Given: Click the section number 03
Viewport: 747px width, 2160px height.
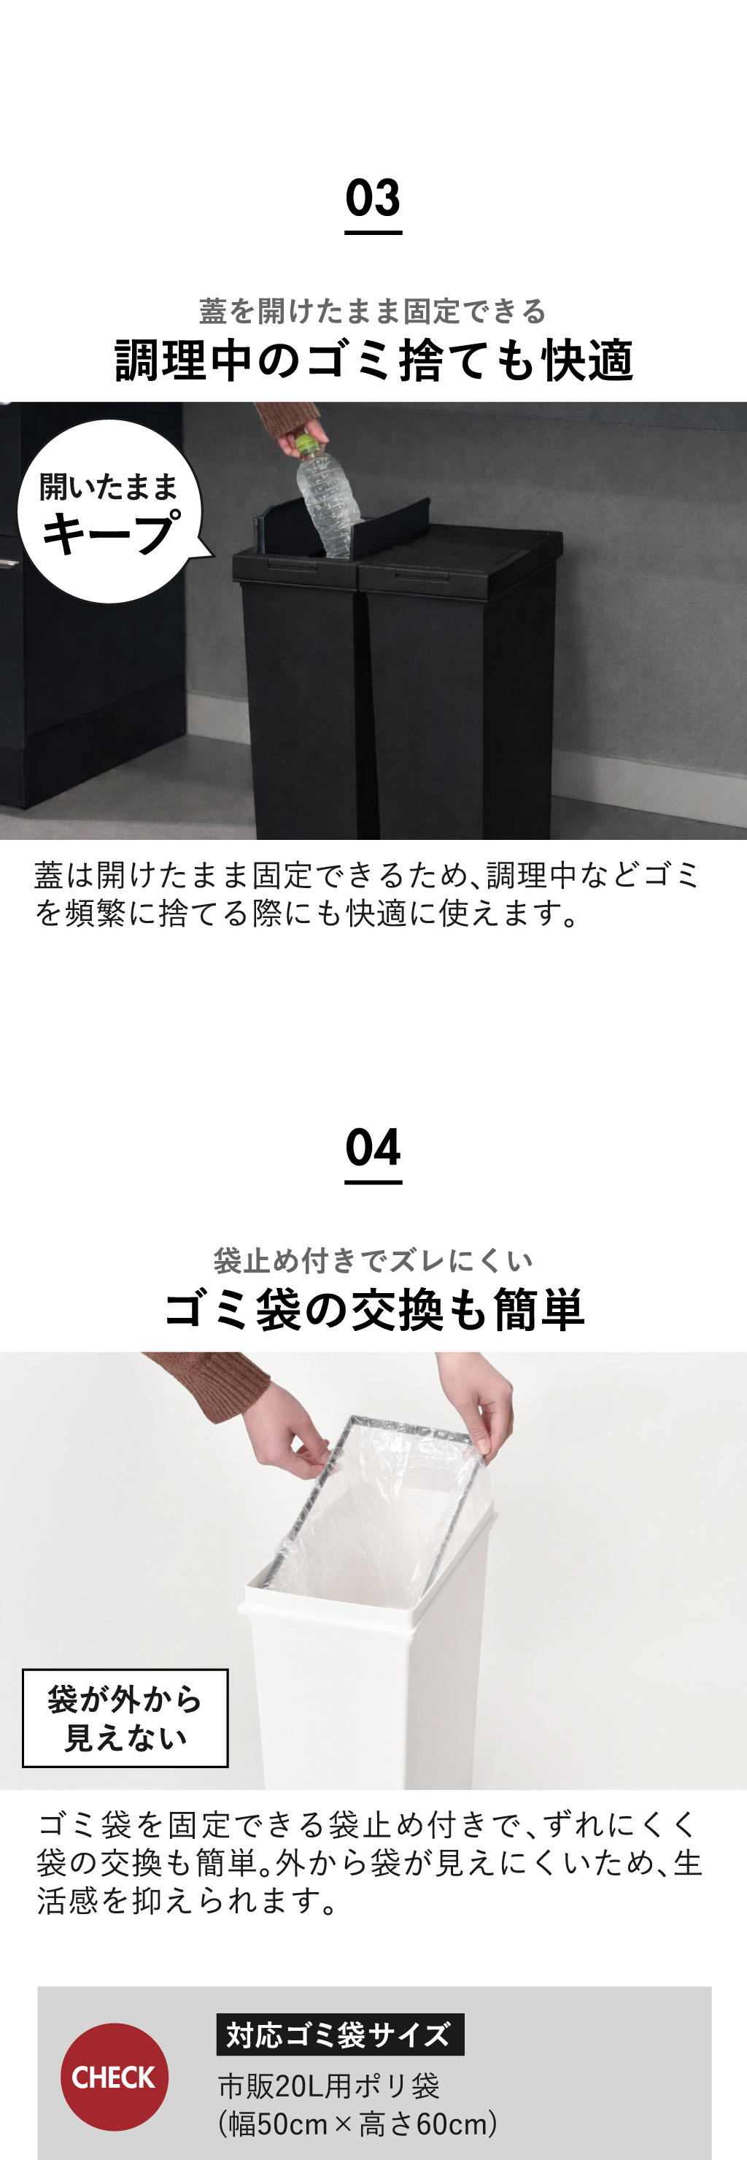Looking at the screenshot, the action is pos(373,198).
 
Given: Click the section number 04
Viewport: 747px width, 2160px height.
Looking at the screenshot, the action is pos(373,1147).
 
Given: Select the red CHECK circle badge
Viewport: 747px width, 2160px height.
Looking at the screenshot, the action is pos(114,2077).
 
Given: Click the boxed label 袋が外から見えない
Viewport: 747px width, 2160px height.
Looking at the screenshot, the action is pos(125,1718).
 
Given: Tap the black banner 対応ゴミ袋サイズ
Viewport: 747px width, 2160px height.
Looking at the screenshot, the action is pos(339,2034).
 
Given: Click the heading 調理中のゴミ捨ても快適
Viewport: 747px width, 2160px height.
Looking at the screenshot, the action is pos(373,360).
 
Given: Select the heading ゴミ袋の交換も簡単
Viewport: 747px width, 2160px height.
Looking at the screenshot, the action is pos(373,1310).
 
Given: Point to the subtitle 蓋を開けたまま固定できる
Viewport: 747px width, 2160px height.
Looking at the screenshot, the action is pos(373,311).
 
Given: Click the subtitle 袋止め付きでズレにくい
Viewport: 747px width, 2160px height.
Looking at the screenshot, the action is pos(373,1260).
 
